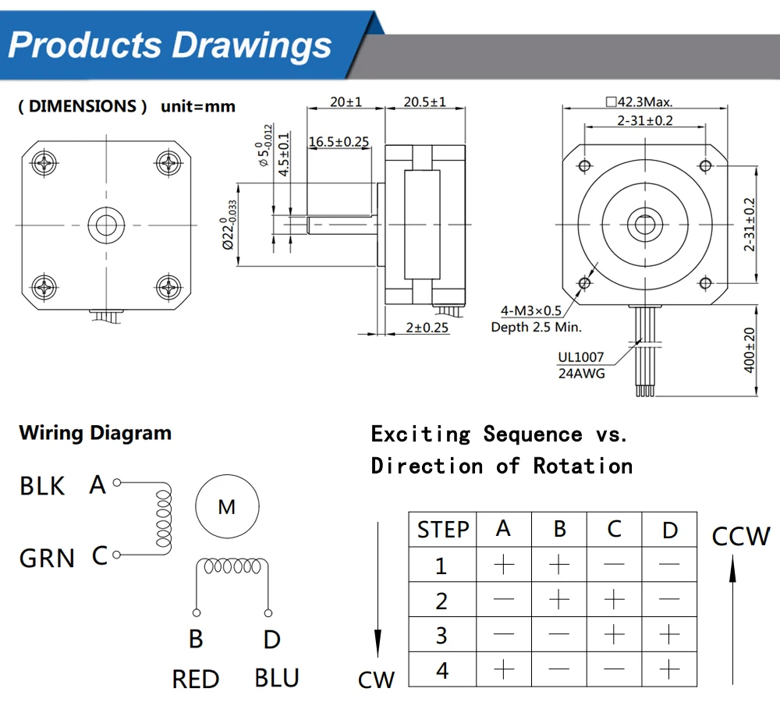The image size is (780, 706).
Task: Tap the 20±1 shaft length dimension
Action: pyautogui.click(x=341, y=102)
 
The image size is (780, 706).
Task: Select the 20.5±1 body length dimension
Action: pyautogui.click(x=425, y=102)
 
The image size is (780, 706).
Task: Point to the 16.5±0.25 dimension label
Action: pyautogui.click(x=339, y=141)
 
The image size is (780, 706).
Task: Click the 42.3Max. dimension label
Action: pyautogui.click(x=638, y=102)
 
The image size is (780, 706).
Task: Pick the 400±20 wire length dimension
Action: pyautogui.click(x=750, y=349)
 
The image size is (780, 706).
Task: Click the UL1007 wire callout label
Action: pyautogui.click(x=581, y=357)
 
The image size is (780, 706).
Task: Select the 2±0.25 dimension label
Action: pyautogui.click(x=427, y=328)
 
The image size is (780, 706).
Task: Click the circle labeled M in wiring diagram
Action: pyautogui.click(x=226, y=507)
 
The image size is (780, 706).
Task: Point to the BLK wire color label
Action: pyautogui.click(x=42, y=486)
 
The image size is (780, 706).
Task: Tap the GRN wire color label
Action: pyautogui.click(x=47, y=558)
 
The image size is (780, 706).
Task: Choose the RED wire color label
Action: pyautogui.click(x=196, y=679)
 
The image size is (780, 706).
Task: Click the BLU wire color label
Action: pyautogui.click(x=277, y=678)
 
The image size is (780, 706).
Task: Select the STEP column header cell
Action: pyautogui.click(x=443, y=530)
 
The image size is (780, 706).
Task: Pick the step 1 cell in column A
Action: pyautogui.click(x=504, y=564)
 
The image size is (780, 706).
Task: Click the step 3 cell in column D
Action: pyautogui.click(x=669, y=635)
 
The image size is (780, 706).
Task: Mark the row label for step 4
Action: pyautogui.click(x=442, y=670)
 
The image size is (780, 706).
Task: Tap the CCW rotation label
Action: pyautogui.click(x=740, y=537)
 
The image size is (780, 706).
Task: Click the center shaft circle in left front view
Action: pyautogui.click(x=104, y=224)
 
